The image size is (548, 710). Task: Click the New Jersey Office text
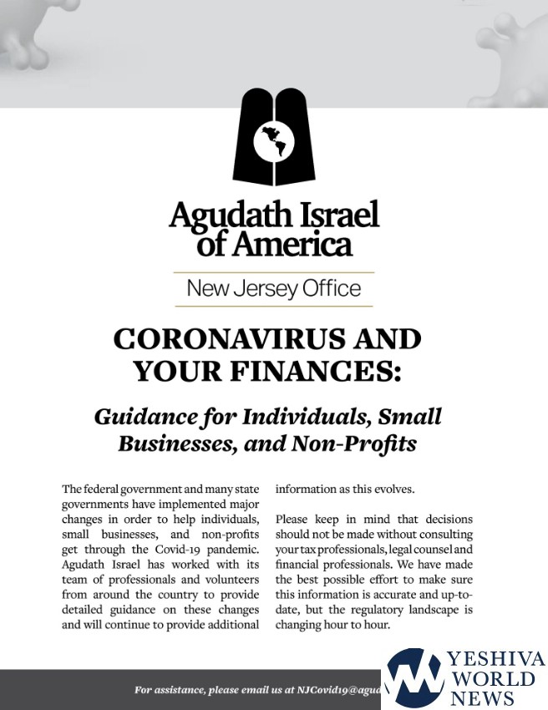(x=274, y=290)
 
